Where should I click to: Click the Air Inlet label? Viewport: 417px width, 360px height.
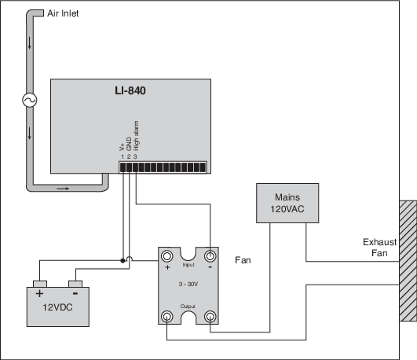point(63,13)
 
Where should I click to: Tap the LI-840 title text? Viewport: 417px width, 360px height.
point(130,90)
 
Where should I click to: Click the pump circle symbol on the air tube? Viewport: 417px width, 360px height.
point(30,100)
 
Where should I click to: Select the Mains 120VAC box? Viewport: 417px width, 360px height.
point(287,203)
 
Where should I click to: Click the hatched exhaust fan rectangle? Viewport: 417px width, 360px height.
point(408,261)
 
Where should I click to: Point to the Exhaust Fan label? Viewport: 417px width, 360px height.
point(379,248)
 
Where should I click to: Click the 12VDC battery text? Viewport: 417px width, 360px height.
point(57,307)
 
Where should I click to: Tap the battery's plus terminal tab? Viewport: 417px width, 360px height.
point(40,284)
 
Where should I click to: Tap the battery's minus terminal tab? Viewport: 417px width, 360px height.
point(75,284)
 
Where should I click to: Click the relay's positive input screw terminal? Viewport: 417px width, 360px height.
point(166,256)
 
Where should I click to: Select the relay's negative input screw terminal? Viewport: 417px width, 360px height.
point(210,256)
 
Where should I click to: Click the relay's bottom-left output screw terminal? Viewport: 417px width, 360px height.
point(166,317)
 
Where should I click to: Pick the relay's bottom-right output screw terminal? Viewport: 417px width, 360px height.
point(210,317)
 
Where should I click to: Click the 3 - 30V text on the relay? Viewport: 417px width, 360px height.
point(188,284)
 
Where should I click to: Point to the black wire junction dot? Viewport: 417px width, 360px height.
point(123,261)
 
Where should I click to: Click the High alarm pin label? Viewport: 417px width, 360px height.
point(136,136)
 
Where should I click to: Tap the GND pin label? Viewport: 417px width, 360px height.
point(129,144)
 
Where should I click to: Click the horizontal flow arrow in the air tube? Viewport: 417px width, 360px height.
point(63,189)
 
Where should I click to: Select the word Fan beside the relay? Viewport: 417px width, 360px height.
point(243,260)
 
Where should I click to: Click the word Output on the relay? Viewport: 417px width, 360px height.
point(188,307)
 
